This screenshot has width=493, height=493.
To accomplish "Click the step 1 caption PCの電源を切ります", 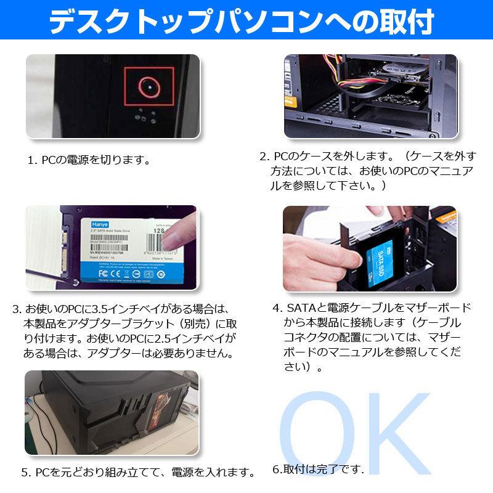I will click(x=89, y=160).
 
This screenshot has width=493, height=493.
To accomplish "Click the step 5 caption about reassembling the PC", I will click(x=139, y=473).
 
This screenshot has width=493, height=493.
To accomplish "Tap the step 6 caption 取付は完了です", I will click(x=318, y=468).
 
